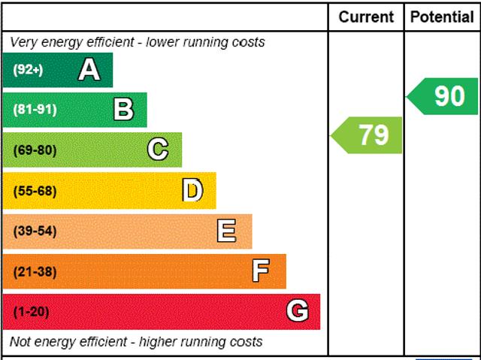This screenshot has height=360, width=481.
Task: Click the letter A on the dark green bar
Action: point(89,70)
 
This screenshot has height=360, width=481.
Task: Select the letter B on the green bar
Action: point(124,110)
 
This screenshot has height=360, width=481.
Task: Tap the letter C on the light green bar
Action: point(158,150)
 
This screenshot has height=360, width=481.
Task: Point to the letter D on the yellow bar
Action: point(193,190)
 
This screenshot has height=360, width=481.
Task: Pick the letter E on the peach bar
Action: point(227,231)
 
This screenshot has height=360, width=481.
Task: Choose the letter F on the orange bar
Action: point(261,271)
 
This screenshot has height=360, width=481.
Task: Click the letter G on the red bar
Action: point(298,311)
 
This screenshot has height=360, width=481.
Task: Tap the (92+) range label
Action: point(29,70)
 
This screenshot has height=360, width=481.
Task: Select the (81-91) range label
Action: point(35,110)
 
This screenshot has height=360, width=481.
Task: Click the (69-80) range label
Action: point(35,150)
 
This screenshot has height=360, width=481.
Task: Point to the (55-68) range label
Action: point(35,191)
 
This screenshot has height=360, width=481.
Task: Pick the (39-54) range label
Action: point(35,231)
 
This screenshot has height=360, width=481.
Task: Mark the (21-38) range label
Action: point(35,272)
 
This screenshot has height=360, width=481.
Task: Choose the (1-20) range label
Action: point(31,312)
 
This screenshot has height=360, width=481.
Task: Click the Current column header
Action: point(366,17)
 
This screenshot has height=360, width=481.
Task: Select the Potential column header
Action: point(442,17)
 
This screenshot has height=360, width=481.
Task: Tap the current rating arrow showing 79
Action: point(368,135)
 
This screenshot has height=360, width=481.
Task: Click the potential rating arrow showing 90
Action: point(443,96)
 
